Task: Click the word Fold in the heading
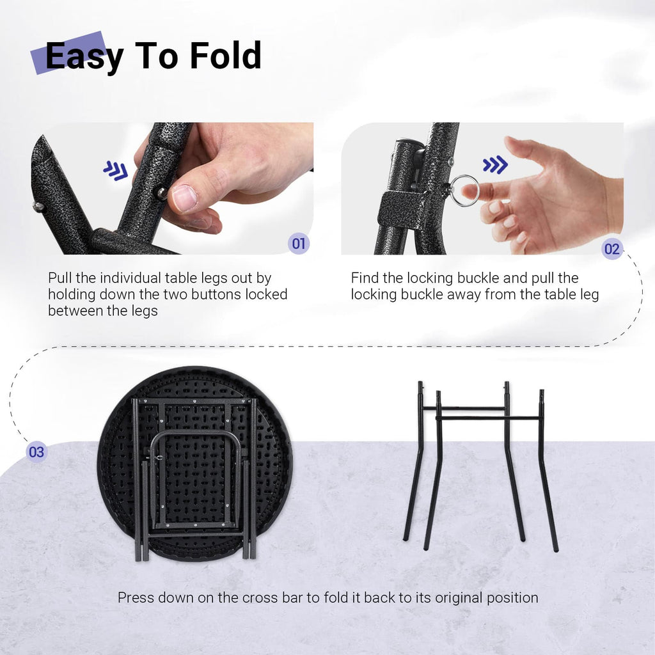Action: (x=226, y=55)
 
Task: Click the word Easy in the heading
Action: (x=84, y=57)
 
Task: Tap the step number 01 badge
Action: (x=299, y=243)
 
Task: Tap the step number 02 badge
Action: (x=612, y=249)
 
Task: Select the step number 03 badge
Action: (x=36, y=452)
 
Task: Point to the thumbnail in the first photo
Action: (x=184, y=198)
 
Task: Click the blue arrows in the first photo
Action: (x=116, y=170)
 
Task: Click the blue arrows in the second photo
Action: (x=495, y=164)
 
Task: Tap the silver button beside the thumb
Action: (x=161, y=193)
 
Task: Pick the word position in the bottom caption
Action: (x=512, y=598)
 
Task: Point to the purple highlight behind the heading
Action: (x=69, y=52)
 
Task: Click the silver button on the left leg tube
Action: (x=38, y=207)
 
